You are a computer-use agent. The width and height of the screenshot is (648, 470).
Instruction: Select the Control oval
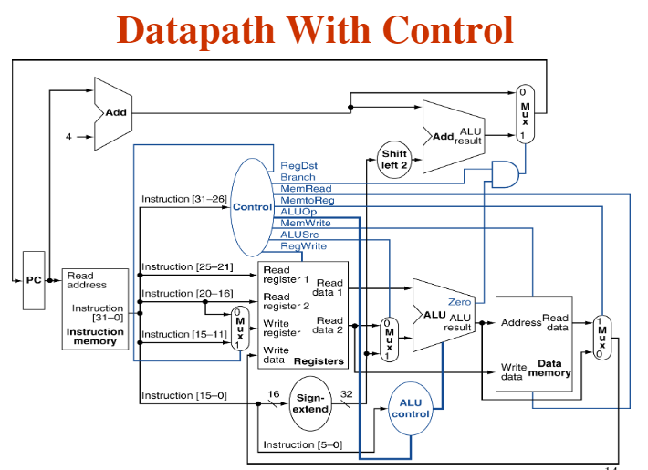point(252,207)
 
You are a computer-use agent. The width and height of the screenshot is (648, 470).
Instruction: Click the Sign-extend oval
point(311,402)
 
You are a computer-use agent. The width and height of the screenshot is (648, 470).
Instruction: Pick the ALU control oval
point(411,408)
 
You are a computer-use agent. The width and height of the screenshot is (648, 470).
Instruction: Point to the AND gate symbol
point(505,173)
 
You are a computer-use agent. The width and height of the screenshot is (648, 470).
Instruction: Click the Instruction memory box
point(95,308)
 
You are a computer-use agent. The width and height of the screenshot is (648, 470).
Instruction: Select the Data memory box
point(534,343)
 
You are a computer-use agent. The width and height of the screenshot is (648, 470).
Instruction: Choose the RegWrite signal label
point(303,246)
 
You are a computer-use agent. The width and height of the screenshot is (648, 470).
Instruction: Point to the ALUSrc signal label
point(299,235)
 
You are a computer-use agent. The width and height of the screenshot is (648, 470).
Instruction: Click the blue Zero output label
point(459,301)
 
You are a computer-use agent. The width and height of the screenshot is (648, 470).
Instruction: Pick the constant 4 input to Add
point(68,138)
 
